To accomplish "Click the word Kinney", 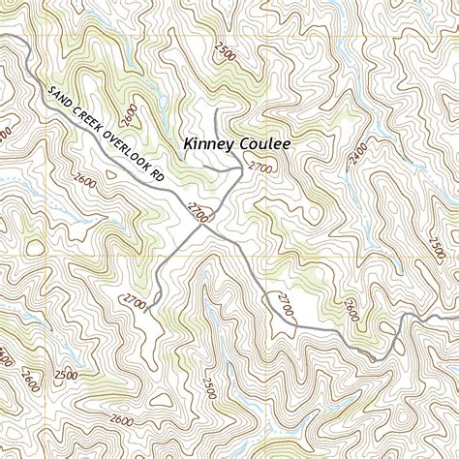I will pos(210,144).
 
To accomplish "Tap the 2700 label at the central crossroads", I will pos(198,212).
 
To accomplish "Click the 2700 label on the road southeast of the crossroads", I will pos(285,303).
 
